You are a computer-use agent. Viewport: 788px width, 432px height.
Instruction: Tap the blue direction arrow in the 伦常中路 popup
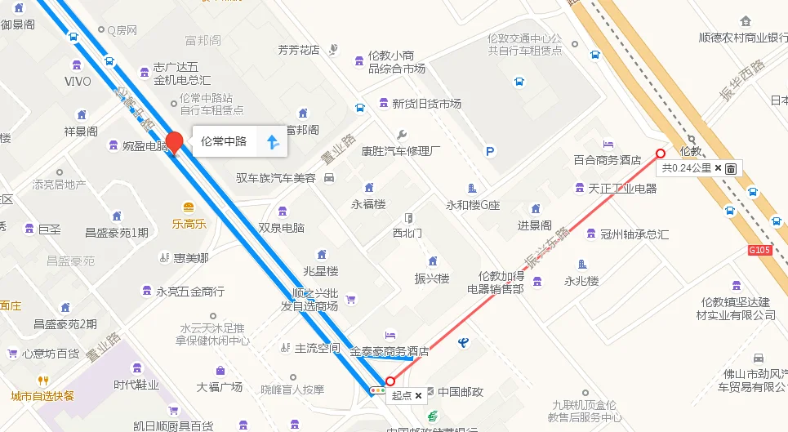pyautogui.click(x=273, y=142)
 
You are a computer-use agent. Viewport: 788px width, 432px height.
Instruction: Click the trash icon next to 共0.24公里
pyautogui.click(x=731, y=168)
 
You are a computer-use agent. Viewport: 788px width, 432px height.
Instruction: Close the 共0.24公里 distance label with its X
pyautogui.click(x=718, y=168)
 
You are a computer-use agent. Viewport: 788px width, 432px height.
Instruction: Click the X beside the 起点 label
pyautogui.click(x=419, y=395)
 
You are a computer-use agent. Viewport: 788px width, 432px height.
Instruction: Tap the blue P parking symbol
pyautogui.click(x=490, y=151)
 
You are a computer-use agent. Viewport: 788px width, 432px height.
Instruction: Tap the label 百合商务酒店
pyautogui.click(x=607, y=160)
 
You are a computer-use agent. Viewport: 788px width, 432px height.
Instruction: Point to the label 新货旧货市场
pyautogui.click(x=426, y=104)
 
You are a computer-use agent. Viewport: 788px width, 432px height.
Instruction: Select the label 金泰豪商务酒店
pyautogui.click(x=390, y=352)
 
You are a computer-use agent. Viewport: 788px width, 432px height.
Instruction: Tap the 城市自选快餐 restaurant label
pyautogui.click(x=42, y=396)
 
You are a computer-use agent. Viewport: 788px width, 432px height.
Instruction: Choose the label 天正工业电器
pyautogui.click(x=622, y=189)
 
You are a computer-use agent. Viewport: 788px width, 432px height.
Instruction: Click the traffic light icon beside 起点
pyautogui.click(x=376, y=391)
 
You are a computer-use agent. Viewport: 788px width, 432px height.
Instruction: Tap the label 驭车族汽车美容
pyautogui.click(x=276, y=178)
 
